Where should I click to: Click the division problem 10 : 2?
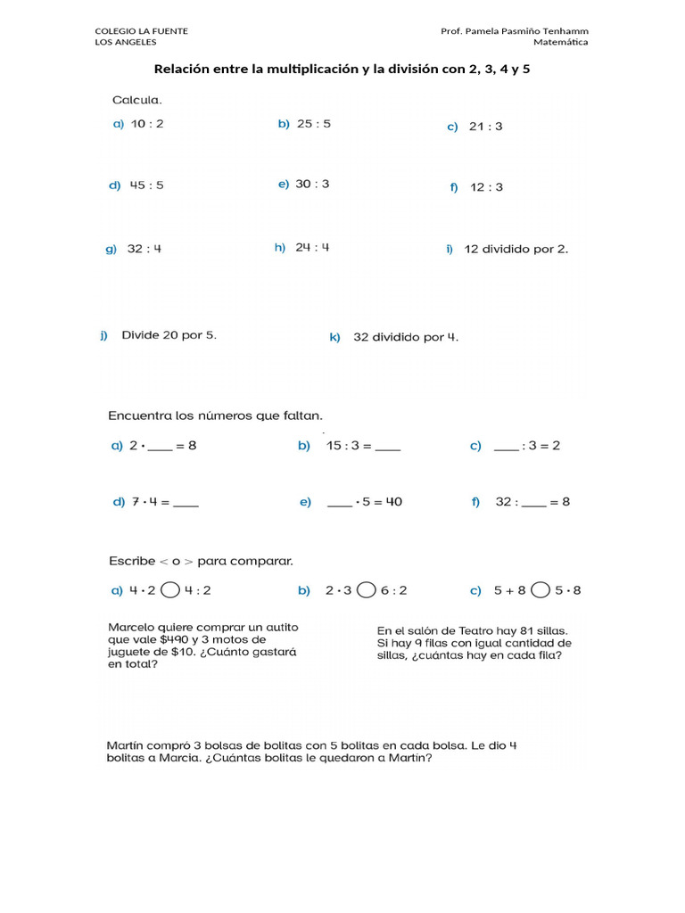pyautogui.click(x=147, y=124)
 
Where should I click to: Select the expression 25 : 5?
pyautogui.click(x=313, y=124)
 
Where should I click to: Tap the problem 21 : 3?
pyautogui.click(x=485, y=127)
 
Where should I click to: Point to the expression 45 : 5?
pyautogui.click(x=147, y=185)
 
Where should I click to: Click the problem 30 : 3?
pyautogui.click(x=312, y=184)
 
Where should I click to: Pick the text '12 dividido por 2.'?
pyautogui.click(x=516, y=249)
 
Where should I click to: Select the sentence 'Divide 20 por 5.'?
pyautogui.click(x=169, y=335)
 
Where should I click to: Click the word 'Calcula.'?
pyautogui.click(x=136, y=100)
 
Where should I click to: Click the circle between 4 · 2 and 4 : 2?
pyautogui.click(x=172, y=589)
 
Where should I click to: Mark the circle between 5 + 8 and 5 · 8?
pyautogui.click(x=540, y=589)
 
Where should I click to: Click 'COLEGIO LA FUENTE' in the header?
pyautogui.click(x=141, y=31)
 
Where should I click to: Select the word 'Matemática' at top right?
pyautogui.click(x=560, y=42)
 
